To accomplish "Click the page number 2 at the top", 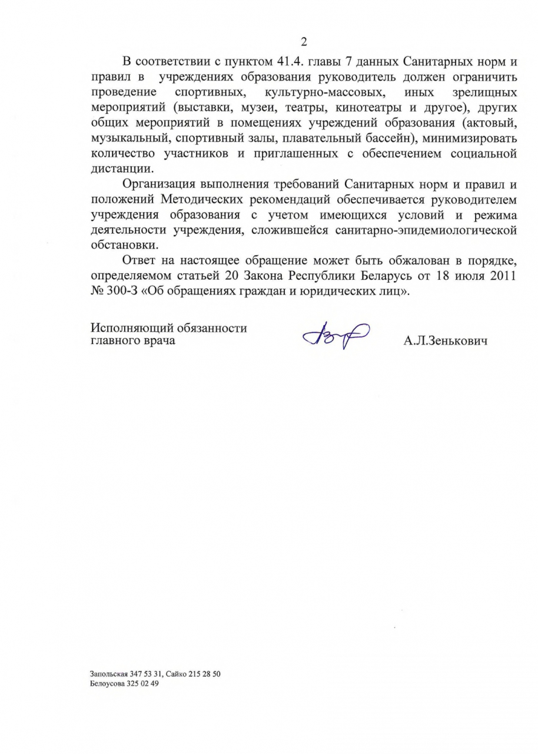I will pyautogui.click(x=304, y=41).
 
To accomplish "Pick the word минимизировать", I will pyautogui.click(x=464, y=138).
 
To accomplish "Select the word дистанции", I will pyautogui.click(x=119, y=170).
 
